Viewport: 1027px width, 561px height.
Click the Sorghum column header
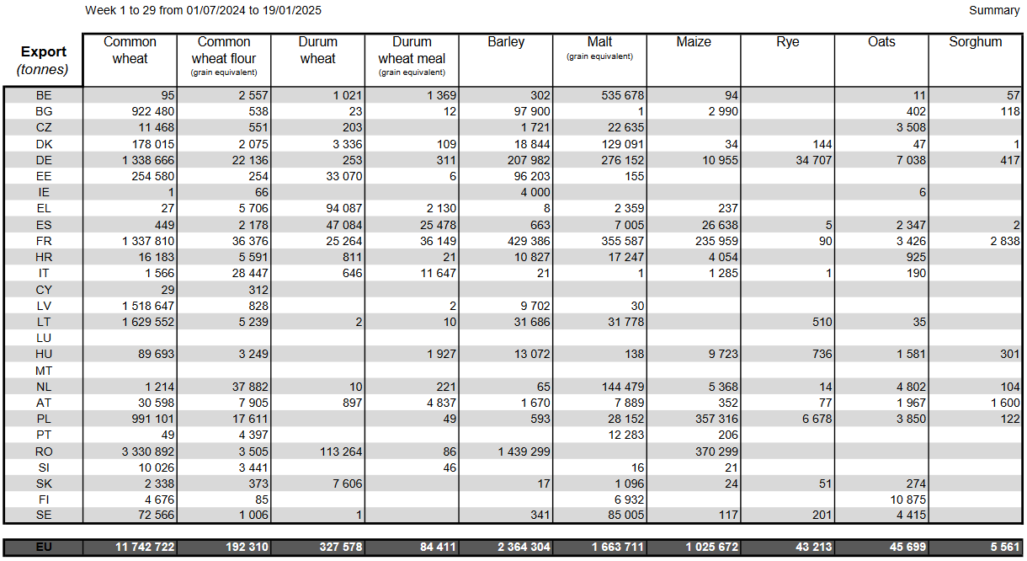(975, 42)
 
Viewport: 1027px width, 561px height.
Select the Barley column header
(506, 42)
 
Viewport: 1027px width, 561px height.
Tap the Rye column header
(787, 42)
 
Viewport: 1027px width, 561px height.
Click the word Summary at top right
(994, 11)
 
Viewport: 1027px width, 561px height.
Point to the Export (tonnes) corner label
(44, 61)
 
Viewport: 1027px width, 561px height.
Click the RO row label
(44, 451)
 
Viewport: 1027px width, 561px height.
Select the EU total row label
(44, 548)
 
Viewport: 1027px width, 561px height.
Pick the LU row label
(44, 338)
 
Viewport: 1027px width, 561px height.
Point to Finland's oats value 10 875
(905, 500)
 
